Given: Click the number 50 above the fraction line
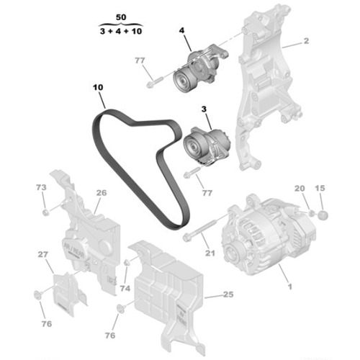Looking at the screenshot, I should (x=121, y=16).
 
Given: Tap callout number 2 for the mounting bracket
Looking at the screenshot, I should (x=306, y=42).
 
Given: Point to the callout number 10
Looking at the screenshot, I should (x=98, y=88).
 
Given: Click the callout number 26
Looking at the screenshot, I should (x=101, y=193).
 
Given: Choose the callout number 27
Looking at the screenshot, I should (x=42, y=254).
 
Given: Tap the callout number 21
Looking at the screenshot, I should (x=210, y=253).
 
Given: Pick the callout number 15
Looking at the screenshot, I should (x=321, y=188).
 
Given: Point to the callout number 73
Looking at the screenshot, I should (x=41, y=188).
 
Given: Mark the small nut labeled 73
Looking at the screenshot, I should (x=45, y=211).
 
